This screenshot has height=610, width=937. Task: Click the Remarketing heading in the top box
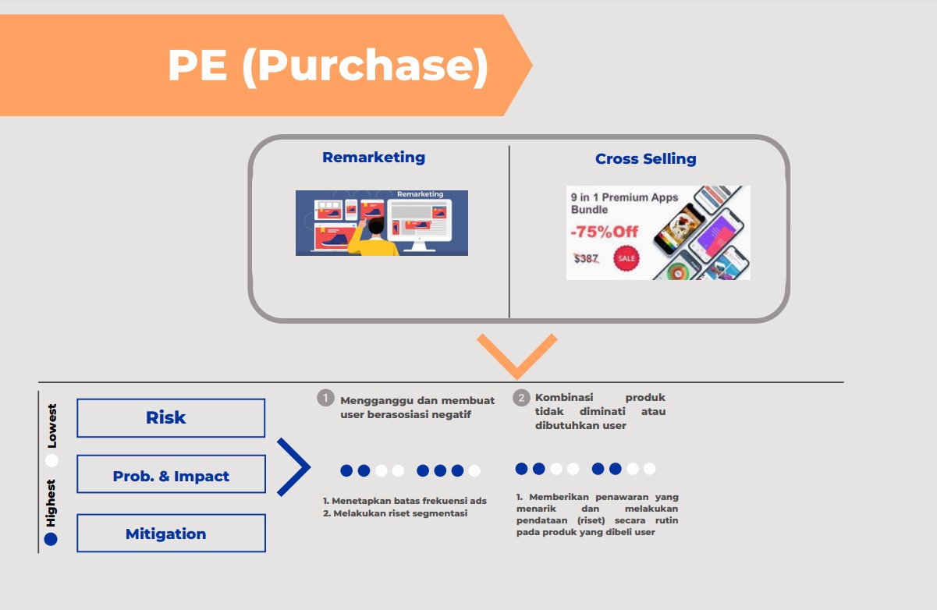click(x=374, y=157)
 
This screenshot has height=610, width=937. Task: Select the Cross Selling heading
click(x=645, y=159)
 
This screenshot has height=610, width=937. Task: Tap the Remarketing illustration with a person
click(x=382, y=223)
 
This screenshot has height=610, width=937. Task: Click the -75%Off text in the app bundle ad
click(x=604, y=232)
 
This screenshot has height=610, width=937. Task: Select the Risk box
click(x=171, y=417)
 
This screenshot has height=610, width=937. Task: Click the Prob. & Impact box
click(x=171, y=476)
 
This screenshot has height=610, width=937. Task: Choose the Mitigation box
click(x=171, y=534)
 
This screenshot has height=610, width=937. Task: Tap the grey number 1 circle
click(x=325, y=399)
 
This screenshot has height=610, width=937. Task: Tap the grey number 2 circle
click(x=520, y=398)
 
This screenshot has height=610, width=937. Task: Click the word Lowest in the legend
click(x=52, y=426)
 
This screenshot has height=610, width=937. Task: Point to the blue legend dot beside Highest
click(x=51, y=539)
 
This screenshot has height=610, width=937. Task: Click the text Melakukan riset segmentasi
click(x=399, y=513)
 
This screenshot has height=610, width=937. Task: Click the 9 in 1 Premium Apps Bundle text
click(x=624, y=204)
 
